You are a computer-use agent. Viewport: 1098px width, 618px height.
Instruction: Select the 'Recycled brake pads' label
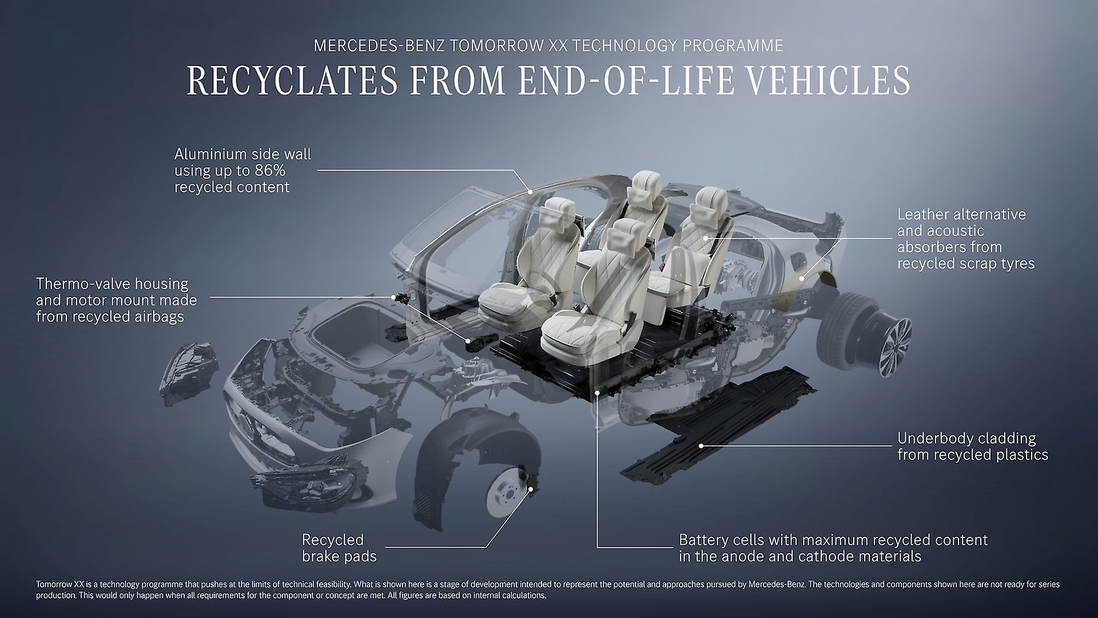[339, 548]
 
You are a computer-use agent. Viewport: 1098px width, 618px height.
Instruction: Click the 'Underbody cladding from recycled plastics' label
[972, 446]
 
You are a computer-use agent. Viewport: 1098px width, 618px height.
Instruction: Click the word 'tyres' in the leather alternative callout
[1017, 264]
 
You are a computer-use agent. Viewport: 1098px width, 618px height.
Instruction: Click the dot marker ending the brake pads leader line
[530, 489]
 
